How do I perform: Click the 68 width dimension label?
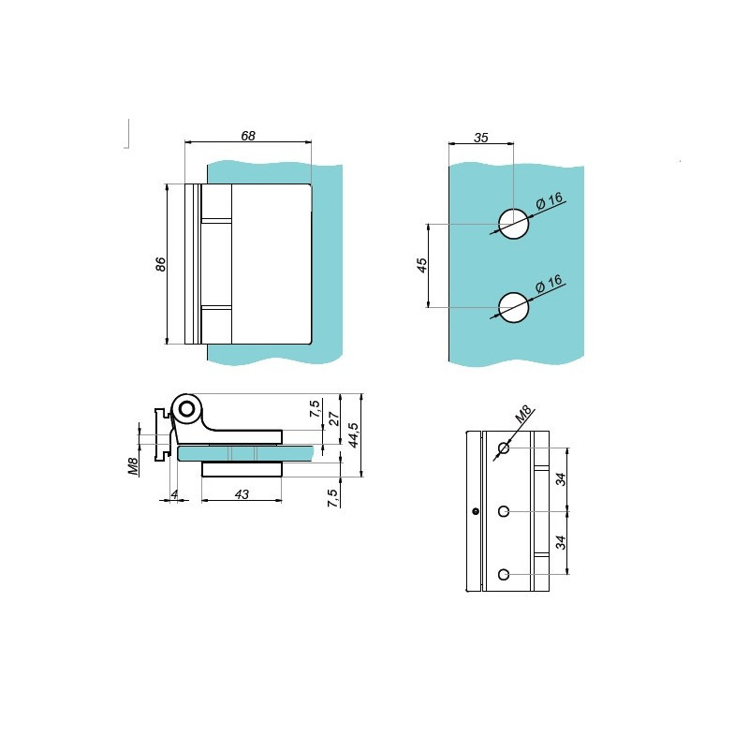[248, 136]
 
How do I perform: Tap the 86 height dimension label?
[161, 264]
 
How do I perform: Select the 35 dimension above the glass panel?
[481, 138]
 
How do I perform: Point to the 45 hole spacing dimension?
[422, 265]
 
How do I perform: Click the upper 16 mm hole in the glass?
[513, 223]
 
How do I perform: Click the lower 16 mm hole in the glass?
[513, 307]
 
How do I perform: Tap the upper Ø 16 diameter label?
[550, 201]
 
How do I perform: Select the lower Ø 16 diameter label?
[550, 284]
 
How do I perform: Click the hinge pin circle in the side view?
[187, 409]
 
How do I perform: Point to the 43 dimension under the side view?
[242, 494]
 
